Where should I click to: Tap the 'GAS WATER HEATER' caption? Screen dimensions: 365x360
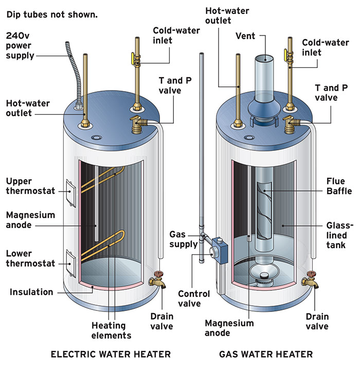266,354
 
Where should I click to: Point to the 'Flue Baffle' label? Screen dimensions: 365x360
339,186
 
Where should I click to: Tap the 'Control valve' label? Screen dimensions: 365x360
193,299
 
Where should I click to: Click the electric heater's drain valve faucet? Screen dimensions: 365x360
155,281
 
